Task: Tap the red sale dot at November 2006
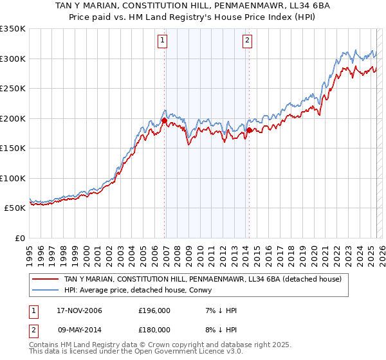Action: click(x=165, y=120)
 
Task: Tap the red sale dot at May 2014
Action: click(x=248, y=130)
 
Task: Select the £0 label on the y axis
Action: click(x=19, y=238)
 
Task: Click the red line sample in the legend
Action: click(x=46, y=279)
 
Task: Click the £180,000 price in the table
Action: click(x=154, y=329)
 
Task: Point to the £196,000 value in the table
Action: click(x=154, y=310)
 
